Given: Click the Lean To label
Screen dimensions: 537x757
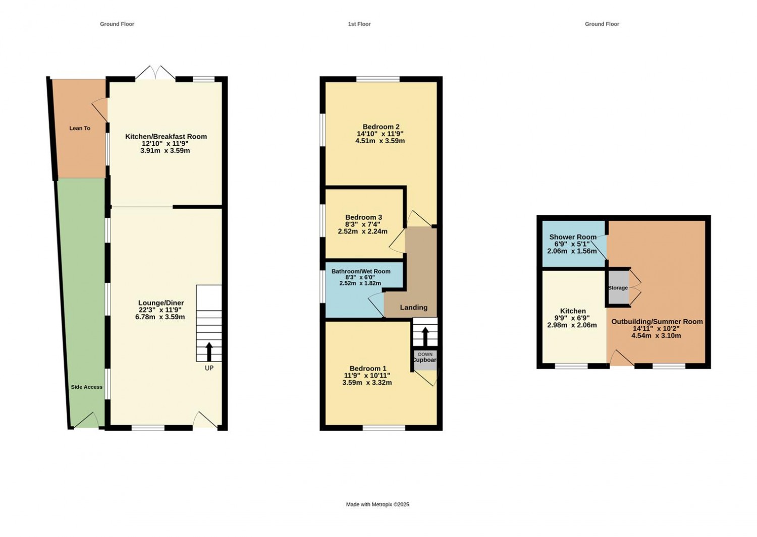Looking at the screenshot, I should point(80,128).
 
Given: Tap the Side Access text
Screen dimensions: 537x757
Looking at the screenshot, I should point(86,387).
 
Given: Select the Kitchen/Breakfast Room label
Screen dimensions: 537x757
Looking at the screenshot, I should point(166,136).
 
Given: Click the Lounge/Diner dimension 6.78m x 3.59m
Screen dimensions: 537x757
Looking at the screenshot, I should point(160,317).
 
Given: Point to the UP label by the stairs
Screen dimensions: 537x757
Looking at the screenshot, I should point(209,368).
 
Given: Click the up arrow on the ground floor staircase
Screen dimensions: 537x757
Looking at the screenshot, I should point(209,351).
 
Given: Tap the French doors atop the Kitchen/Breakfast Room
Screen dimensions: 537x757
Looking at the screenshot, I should point(155,73).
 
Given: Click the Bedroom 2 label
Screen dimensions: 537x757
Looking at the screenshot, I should point(381,127).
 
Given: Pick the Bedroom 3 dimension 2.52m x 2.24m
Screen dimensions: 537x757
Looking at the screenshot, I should point(362,231).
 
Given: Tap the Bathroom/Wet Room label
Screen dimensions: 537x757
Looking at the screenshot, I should point(360,271).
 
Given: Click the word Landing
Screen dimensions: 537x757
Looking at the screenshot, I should point(413,307).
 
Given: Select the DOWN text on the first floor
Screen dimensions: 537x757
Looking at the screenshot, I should point(425,354).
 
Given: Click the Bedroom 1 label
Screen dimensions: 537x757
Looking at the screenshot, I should point(367,369).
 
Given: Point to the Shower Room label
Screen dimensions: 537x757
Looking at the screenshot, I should point(572,237).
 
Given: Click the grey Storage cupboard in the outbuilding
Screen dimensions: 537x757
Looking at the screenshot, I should point(618,288).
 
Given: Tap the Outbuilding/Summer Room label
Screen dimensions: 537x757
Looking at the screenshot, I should point(657,321).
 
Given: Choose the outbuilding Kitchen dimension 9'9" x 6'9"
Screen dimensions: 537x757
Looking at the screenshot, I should point(572,318).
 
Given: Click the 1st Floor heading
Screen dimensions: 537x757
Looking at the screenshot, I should point(359,24).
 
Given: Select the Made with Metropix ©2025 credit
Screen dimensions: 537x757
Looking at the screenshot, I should point(377,504).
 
